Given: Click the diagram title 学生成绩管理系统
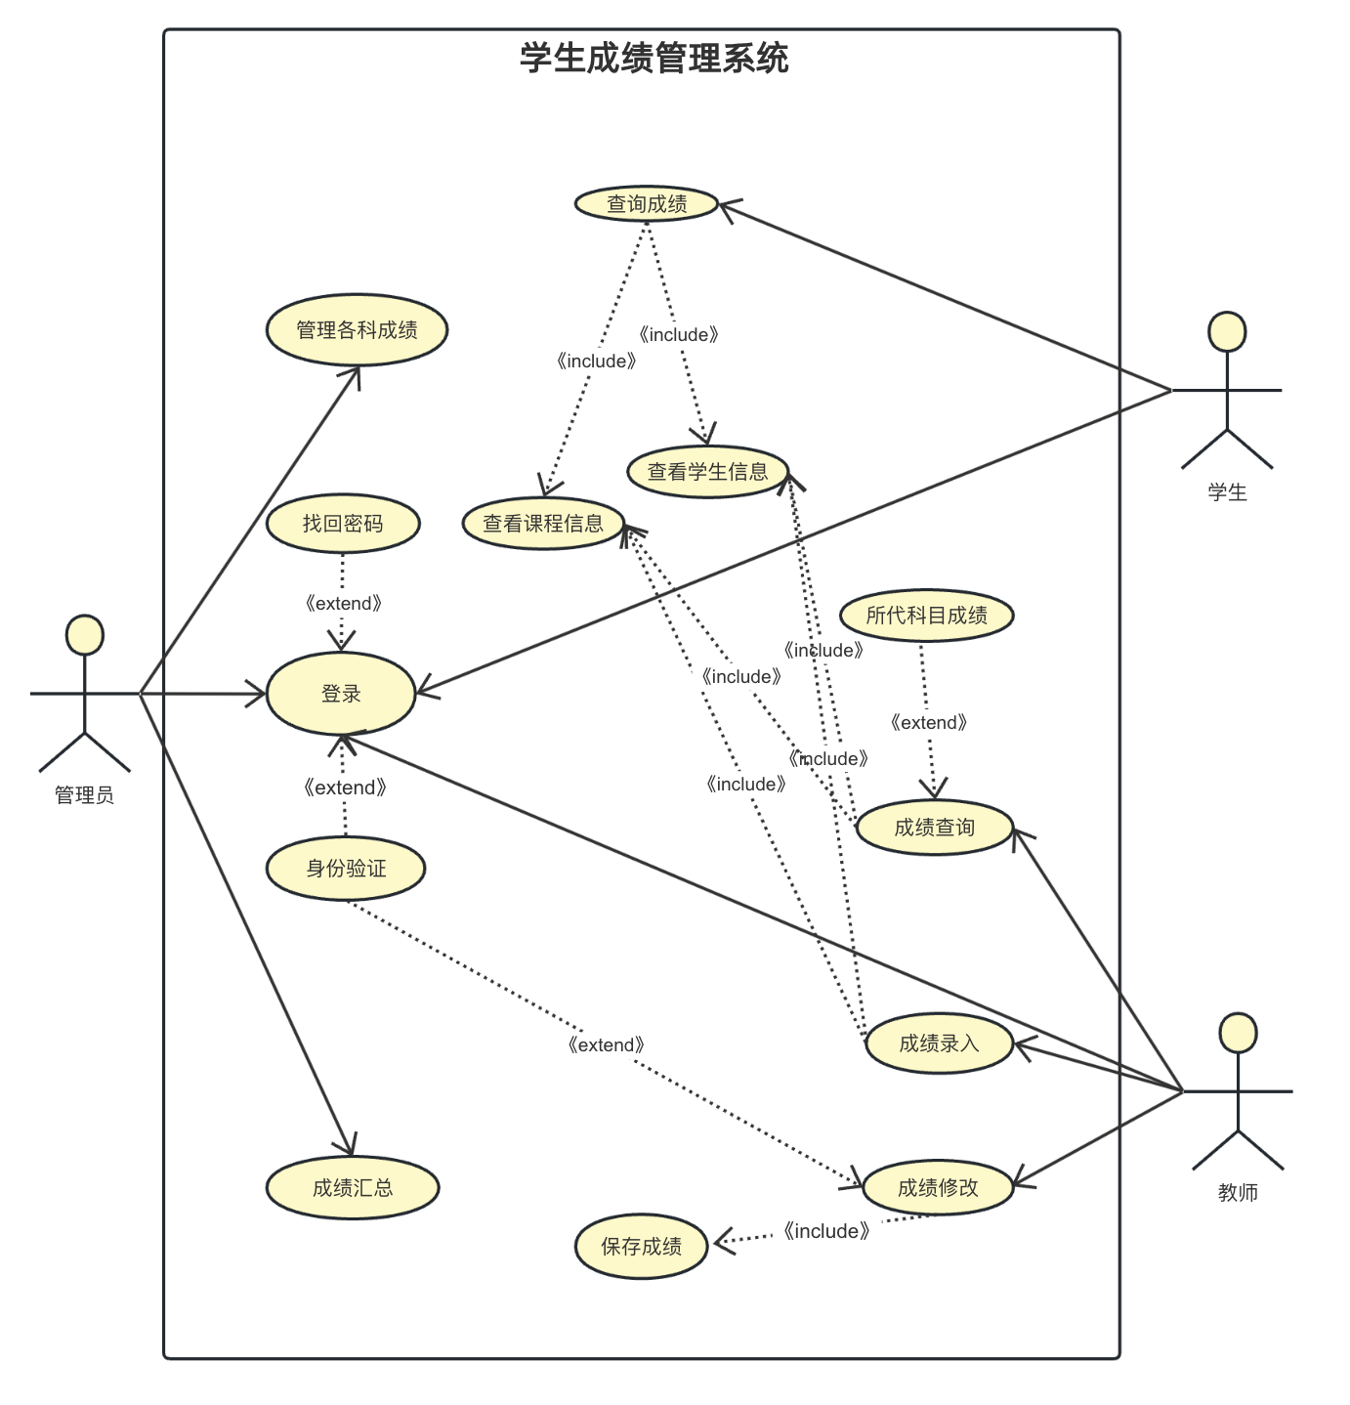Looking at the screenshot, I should pos(654,59).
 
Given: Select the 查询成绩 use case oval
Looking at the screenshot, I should pos(647,204).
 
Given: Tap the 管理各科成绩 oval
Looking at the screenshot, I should pos(357,330).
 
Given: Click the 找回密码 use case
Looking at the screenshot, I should pos(343,524).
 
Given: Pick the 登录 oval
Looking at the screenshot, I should pos(341,694).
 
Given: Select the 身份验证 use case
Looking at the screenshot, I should pos(346,868).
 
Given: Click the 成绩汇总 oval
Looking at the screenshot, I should pos(353,1188).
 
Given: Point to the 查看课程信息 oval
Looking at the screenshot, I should pos(543,524).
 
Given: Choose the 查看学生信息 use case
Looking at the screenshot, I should pos(707,472).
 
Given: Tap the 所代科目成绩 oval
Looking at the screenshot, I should pos(926,616).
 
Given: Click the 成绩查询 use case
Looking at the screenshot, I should pos(934,828).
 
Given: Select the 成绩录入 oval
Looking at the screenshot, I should pos(939,1043).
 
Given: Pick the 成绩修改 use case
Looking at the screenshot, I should pos(938,1188).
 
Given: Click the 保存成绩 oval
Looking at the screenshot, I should pos(641,1247).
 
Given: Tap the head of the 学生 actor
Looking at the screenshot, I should pos(1227,332).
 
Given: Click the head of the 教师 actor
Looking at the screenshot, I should pos(1238,1033).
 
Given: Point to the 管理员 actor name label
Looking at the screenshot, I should pos(84,795).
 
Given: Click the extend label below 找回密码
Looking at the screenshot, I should pos(343,604).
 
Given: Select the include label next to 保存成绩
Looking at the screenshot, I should pos(825,1231).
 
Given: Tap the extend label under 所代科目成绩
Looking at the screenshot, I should pos(929,723).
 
